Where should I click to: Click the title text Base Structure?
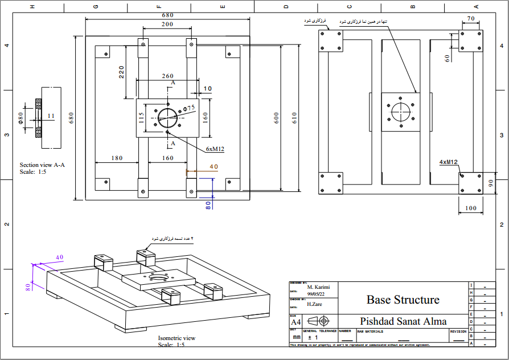(x=403, y=300)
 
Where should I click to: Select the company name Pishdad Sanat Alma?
(x=403, y=321)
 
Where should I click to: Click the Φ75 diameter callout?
(x=189, y=108)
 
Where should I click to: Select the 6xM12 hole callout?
(x=215, y=149)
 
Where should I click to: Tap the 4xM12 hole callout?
(x=449, y=162)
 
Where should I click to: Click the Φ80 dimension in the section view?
(x=20, y=118)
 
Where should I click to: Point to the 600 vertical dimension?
(x=276, y=118)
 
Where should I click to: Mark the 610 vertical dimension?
(x=294, y=118)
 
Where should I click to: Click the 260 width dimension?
(x=167, y=76)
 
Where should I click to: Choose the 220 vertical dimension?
(x=121, y=72)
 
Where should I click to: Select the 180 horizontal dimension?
(x=117, y=158)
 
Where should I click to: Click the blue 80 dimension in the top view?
(x=208, y=203)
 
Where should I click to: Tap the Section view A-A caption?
(x=42, y=165)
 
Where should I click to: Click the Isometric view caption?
(x=176, y=338)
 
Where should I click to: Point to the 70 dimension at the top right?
(x=470, y=19)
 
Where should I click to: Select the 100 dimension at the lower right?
(x=470, y=208)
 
